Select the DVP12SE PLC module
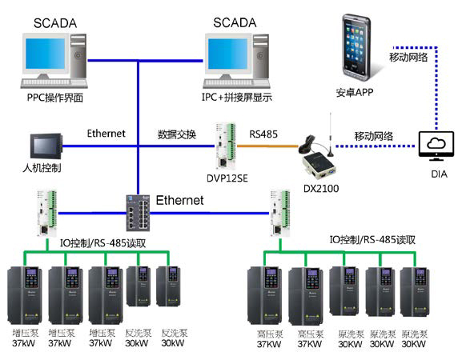tap(227, 146)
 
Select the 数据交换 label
tap(177, 134)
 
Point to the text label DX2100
tap(317, 188)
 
